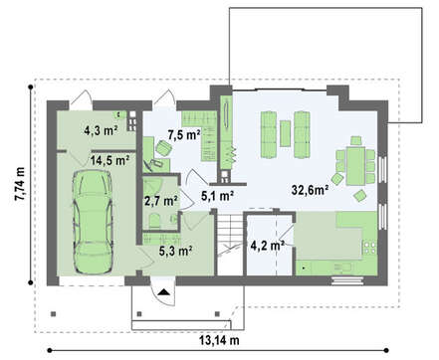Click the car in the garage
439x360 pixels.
pyautogui.click(x=94, y=222)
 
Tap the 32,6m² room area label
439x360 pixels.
pyautogui.click(x=311, y=190)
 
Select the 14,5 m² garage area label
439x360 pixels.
pyautogui.click(x=110, y=161)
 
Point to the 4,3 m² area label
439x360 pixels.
pyautogui.click(x=101, y=130)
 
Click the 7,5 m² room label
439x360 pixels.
pyautogui.click(x=184, y=135)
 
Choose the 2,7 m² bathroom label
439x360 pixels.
pyautogui.click(x=161, y=201)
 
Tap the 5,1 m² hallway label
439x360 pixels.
pyautogui.click(x=217, y=196)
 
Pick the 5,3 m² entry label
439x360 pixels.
pyautogui.click(x=176, y=251)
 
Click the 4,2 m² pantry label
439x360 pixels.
pyautogui.click(x=267, y=246)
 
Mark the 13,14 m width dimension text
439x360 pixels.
pyautogui.click(x=219, y=340)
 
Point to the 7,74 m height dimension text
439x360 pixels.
pyautogui.click(x=20, y=183)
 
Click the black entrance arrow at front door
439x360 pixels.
pyautogui.click(x=163, y=292)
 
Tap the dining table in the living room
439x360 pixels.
pyautogui.click(x=355, y=166)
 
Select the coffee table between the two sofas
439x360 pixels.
pyautogui.click(x=285, y=133)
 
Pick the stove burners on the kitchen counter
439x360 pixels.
pyautogui.click(x=370, y=248)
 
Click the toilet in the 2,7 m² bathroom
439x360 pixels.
pyautogui.click(x=154, y=221)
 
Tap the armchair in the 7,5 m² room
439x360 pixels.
pyautogui.click(x=163, y=148)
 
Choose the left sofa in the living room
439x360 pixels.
pyautogui.click(x=269, y=134)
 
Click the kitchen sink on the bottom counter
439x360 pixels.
pyautogui.click(x=342, y=268)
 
